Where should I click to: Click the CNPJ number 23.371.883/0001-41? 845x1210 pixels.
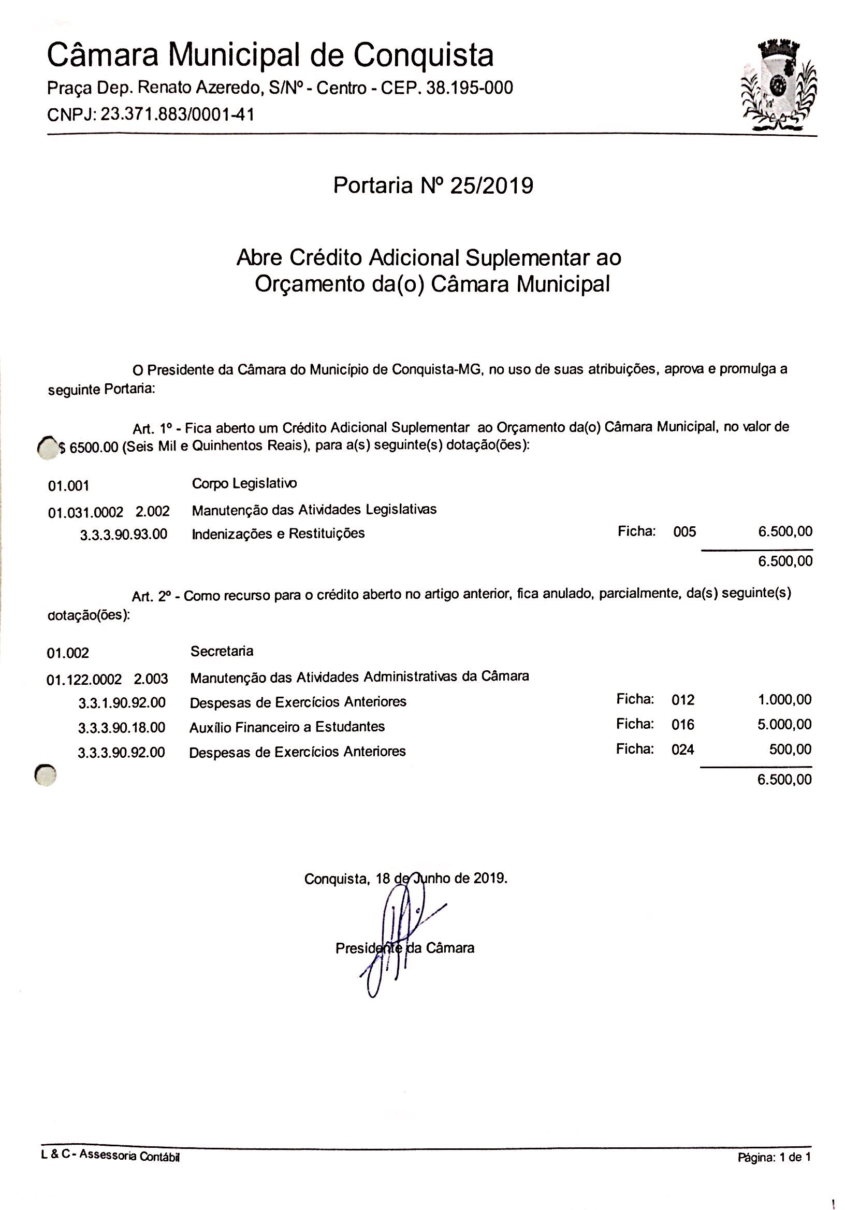[178, 114]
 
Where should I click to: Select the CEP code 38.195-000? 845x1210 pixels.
[469, 88]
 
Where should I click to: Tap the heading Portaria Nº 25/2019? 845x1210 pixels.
[433, 185]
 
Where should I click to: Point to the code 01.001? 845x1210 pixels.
[68, 485]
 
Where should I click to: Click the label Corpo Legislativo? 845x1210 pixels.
[244, 483]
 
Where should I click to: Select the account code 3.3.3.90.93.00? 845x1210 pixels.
[123, 535]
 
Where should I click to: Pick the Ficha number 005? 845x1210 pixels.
[684, 532]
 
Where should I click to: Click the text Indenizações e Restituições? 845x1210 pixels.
[278, 534]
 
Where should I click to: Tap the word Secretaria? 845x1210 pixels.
[222, 651]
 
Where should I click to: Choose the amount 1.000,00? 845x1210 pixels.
[784, 699]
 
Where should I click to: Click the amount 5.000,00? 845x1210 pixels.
[784, 724]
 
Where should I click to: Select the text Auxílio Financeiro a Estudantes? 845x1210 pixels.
[287, 727]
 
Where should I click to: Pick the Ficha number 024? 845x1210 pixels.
[683, 750]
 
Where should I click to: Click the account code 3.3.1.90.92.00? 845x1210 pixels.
[122, 702]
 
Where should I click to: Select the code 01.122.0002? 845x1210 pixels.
[84, 680]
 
